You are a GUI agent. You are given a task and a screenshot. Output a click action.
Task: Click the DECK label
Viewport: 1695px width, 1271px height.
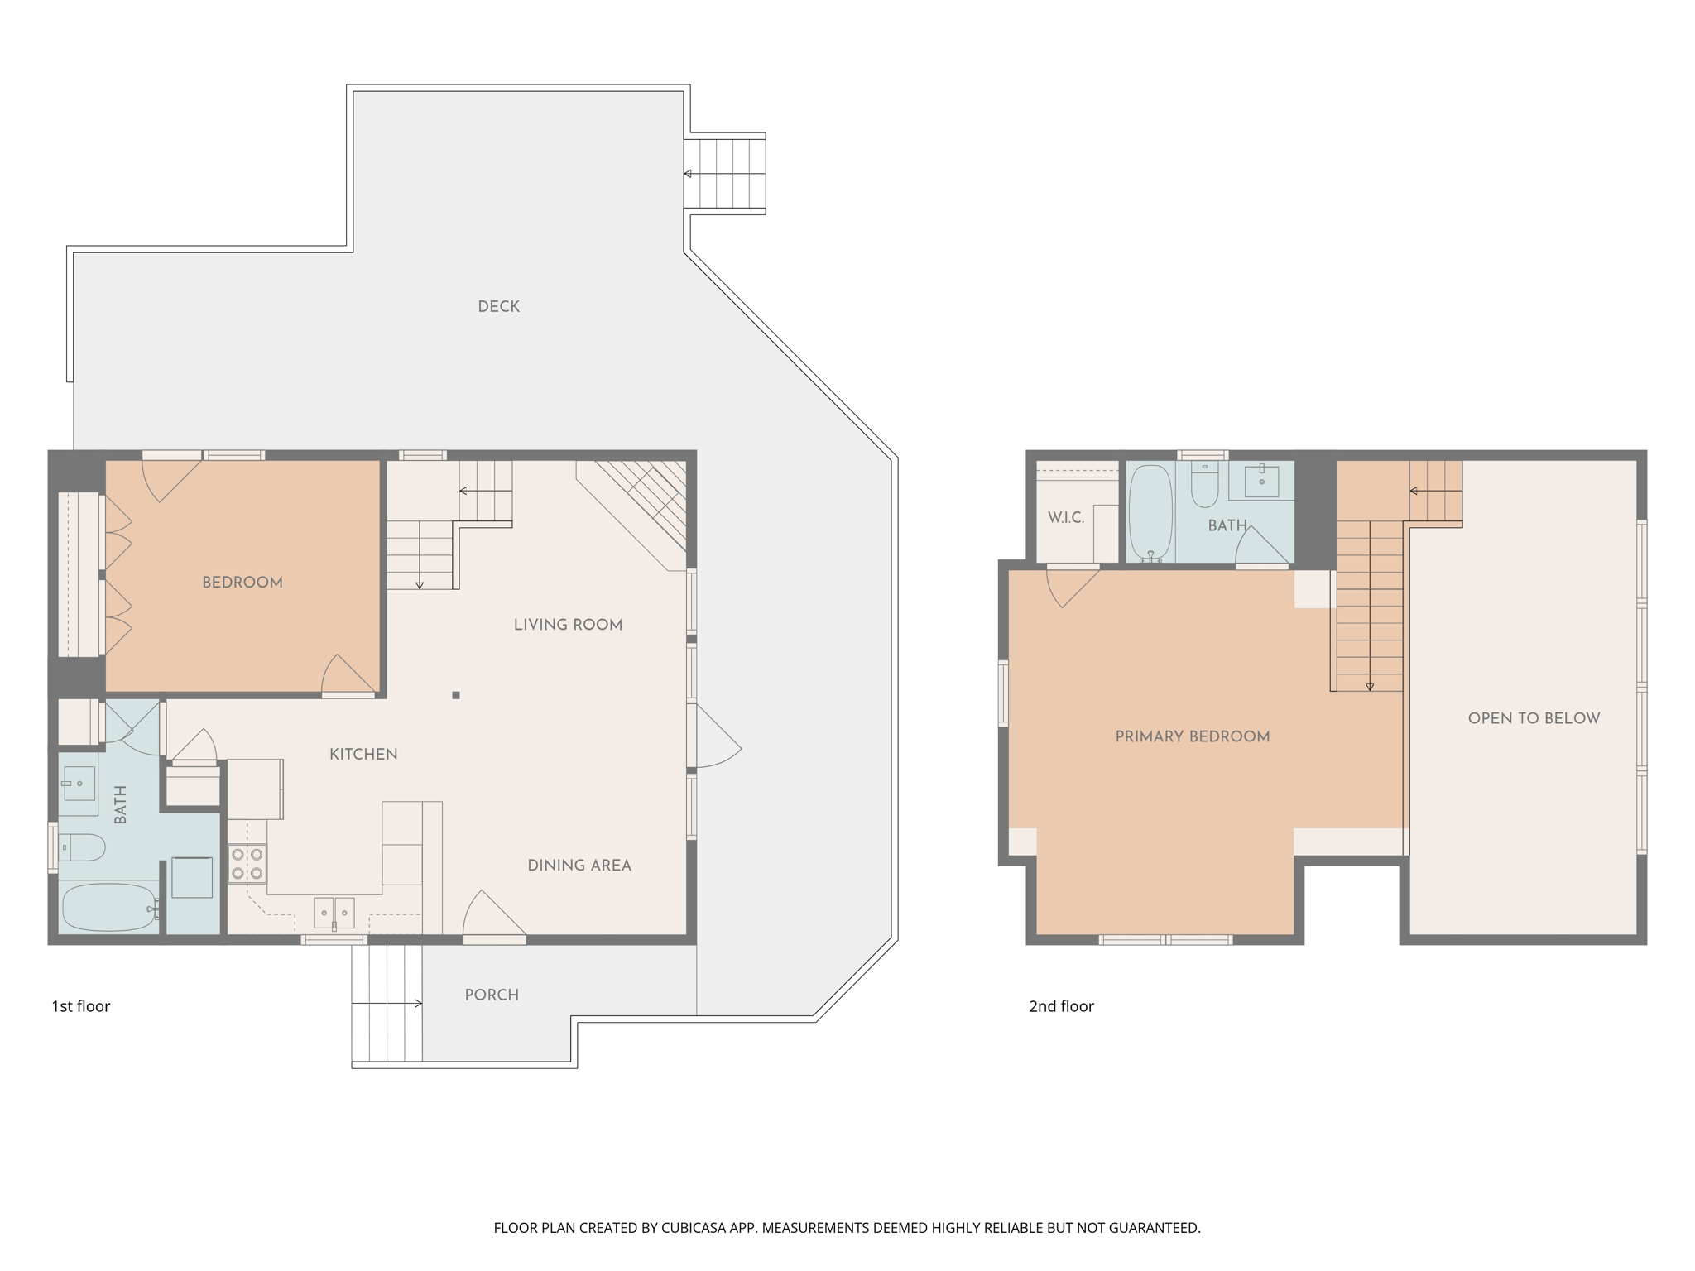(x=498, y=306)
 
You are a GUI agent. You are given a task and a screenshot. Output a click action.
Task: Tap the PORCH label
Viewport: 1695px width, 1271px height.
(x=492, y=995)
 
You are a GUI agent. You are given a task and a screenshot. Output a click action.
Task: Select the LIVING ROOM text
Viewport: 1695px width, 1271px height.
(x=568, y=625)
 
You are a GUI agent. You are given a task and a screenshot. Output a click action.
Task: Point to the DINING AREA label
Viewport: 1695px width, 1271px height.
(x=579, y=865)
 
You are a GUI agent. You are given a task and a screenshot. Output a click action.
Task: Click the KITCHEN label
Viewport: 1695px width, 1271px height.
(x=363, y=754)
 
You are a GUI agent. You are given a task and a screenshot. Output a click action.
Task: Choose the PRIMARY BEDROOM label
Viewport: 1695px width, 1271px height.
(x=1192, y=736)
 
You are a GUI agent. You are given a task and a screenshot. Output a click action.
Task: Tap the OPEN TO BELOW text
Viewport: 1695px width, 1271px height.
(x=1534, y=718)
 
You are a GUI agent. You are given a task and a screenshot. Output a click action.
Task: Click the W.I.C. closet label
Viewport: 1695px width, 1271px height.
(x=1065, y=517)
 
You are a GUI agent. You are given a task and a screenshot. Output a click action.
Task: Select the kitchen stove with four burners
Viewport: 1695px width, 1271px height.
(x=247, y=863)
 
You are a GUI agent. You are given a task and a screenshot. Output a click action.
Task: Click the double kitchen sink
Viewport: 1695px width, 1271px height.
(x=334, y=913)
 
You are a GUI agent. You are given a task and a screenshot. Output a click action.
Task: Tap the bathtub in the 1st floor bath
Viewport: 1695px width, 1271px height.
(x=108, y=908)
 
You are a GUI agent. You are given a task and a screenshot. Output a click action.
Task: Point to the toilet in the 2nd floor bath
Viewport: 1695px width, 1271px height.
(x=1204, y=486)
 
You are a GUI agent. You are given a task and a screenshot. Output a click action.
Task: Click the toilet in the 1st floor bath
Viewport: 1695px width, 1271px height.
(x=82, y=847)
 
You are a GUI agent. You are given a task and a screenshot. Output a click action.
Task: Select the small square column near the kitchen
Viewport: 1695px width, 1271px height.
(x=456, y=695)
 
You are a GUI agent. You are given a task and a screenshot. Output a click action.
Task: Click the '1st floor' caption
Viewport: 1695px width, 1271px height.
(x=81, y=1006)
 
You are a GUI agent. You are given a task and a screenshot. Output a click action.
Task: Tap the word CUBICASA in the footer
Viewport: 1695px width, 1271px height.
(x=693, y=1228)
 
